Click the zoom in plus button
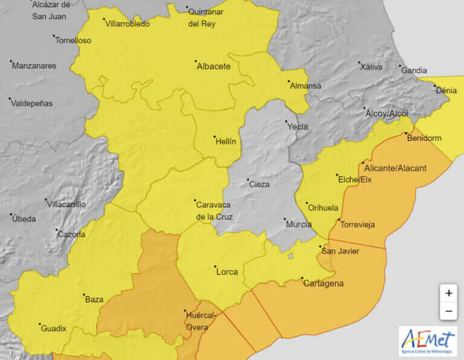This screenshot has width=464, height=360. (x=448, y=293)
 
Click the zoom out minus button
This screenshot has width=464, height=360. (x=448, y=312)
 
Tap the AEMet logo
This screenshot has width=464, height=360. (x=427, y=341)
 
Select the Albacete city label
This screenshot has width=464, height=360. (x=213, y=66)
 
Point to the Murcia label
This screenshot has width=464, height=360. (x=298, y=224)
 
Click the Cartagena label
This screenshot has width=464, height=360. (x=323, y=283)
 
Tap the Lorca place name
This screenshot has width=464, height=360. (x=227, y=272)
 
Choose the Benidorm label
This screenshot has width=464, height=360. (x=424, y=138)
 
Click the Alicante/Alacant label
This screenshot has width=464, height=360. (x=396, y=167)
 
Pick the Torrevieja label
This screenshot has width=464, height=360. (x=358, y=225)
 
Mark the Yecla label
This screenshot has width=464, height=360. (x=297, y=126)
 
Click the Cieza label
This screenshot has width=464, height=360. (x=259, y=184)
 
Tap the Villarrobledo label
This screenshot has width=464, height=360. (x=127, y=24)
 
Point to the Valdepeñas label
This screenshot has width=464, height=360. (x=32, y=103)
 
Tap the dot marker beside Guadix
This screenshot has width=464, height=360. (x=39, y=324)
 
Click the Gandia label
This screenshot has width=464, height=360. (x=414, y=71)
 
